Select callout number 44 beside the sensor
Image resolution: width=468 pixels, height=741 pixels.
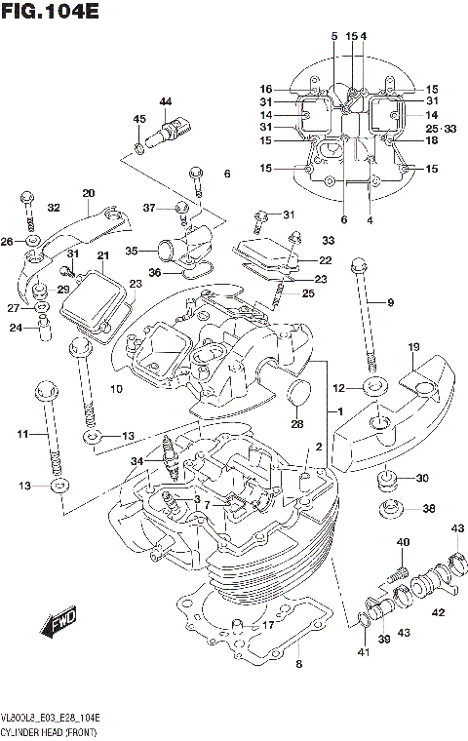[x=165, y=101]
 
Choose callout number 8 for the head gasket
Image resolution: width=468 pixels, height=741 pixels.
[x=298, y=664]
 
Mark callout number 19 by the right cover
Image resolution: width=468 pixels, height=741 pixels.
[x=413, y=347]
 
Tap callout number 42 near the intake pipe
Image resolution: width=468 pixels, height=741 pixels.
[x=438, y=612]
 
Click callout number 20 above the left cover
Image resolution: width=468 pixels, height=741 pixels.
[x=88, y=192]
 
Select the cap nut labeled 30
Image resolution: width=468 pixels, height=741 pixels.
[x=387, y=479]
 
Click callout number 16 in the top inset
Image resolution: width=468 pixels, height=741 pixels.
[x=265, y=88]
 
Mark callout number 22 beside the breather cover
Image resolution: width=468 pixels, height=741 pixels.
[x=325, y=260]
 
